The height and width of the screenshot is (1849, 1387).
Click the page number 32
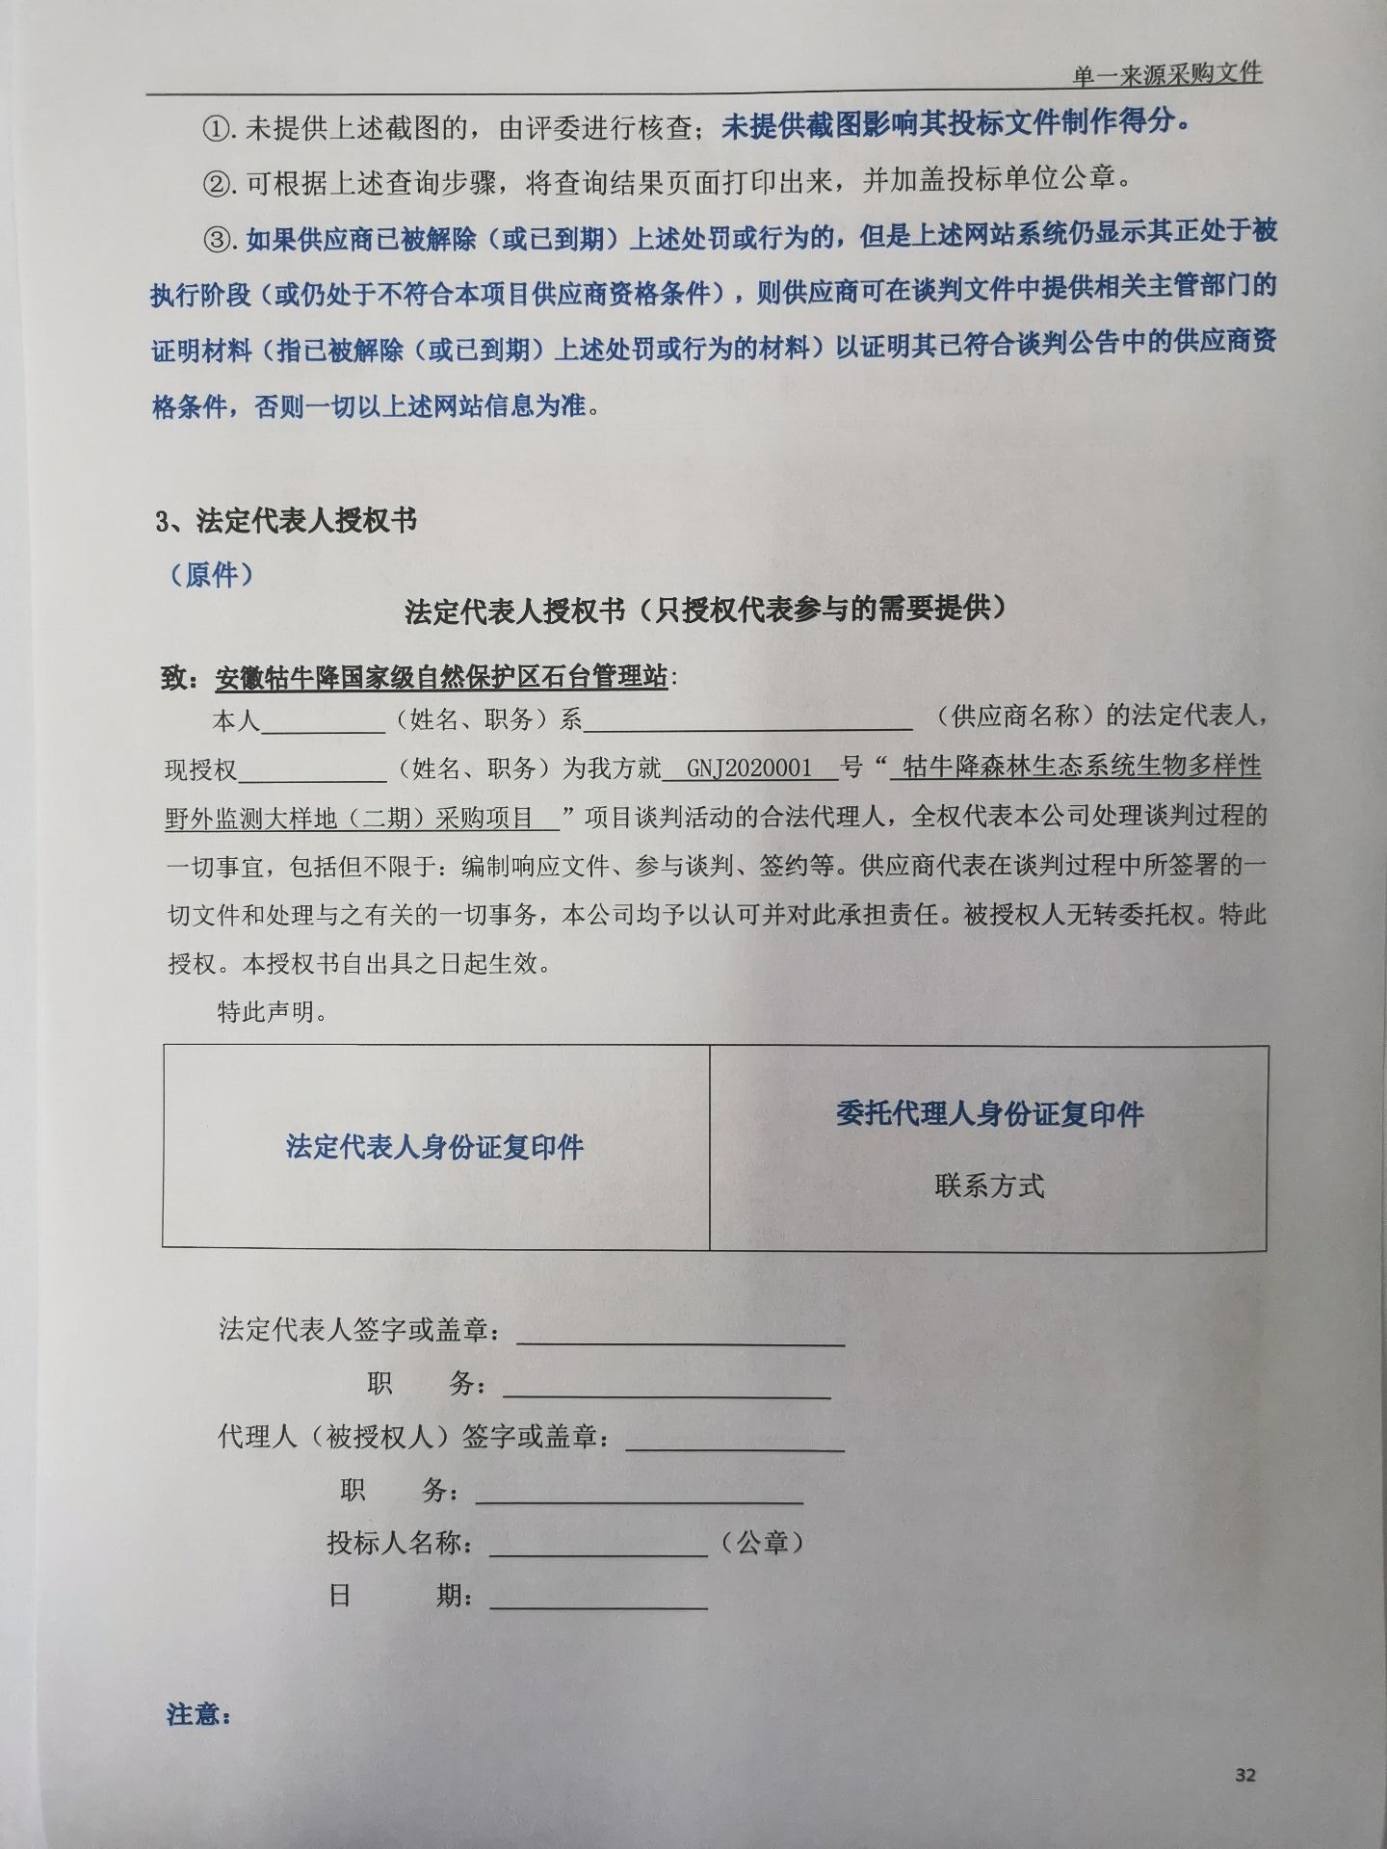tap(1244, 1775)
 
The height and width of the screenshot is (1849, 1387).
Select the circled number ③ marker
tap(220, 238)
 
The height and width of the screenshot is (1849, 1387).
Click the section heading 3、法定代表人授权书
tap(285, 521)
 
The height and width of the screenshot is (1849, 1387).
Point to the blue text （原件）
tap(212, 575)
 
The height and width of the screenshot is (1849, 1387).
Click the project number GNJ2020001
tap(749, 768)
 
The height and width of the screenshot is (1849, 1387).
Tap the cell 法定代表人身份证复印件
tap(434, 1147)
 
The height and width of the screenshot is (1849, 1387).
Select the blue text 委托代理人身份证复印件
tap(989, 1114)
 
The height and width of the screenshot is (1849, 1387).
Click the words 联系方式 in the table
tap(989, 1185)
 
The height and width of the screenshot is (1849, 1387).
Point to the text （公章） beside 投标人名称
tap(762, 1543)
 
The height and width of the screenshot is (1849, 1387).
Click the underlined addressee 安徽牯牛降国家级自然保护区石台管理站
tap(441, 678)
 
